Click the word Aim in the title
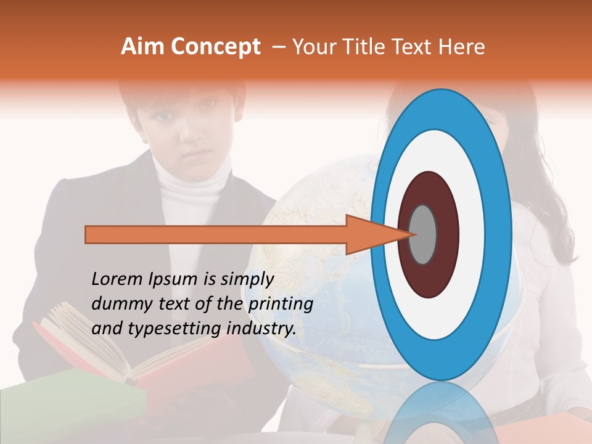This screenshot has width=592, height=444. pos(142,47)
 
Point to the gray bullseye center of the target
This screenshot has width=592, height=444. pos(423,235)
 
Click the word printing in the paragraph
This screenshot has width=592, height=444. pos(281,304)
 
